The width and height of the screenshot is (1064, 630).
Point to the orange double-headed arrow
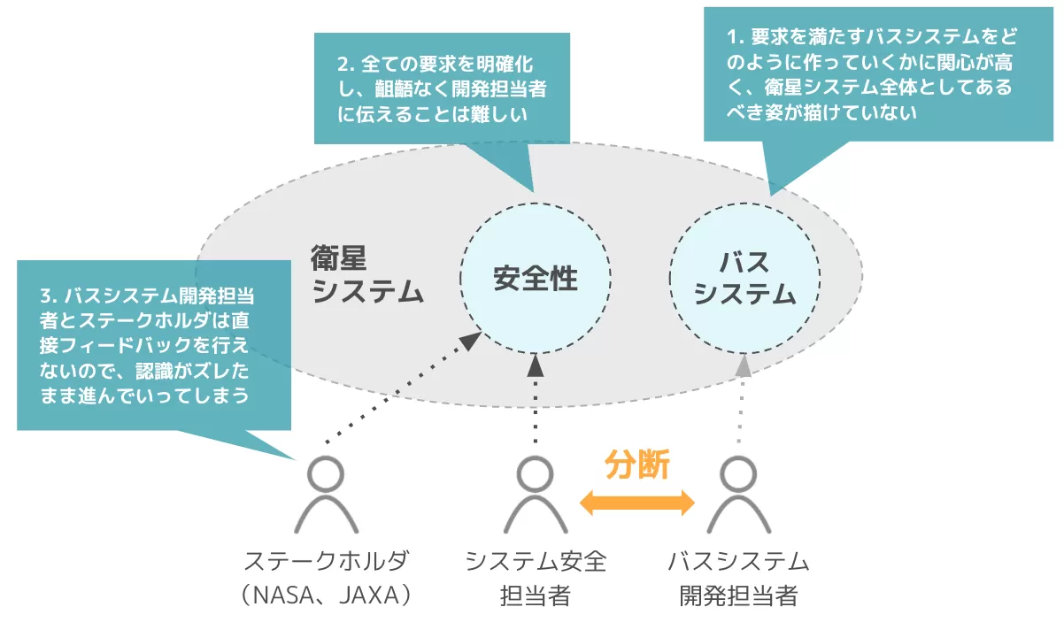pyautogui.click(x=637, y=503)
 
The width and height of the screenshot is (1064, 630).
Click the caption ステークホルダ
pyautogui.click(x=328, y=562)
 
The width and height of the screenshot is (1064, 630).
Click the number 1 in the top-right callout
pyautogui.click(x=732, y=37)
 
